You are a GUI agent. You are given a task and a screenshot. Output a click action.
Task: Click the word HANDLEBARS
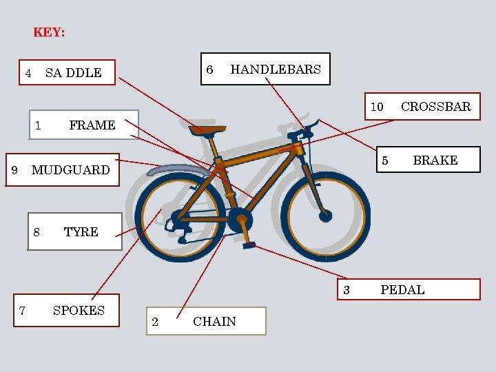[275, 69]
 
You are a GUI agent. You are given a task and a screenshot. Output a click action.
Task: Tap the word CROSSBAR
[435, 106]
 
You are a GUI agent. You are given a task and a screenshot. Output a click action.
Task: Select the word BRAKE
[435, 161]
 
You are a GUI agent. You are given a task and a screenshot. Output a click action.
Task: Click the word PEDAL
[402, 290]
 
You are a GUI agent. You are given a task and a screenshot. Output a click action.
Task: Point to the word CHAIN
[214, 322]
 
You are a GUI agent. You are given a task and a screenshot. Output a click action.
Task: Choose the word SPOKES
[79, 311]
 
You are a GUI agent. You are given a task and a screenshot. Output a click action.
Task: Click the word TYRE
[81, 232]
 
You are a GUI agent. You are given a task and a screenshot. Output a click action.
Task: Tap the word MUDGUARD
[70, 170]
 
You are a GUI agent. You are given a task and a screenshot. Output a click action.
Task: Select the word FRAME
[92, 125]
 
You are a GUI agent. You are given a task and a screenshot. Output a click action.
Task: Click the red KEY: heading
[49, 32]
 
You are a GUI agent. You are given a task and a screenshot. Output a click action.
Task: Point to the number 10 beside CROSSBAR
[377, 107]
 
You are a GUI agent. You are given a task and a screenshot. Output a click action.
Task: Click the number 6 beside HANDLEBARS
[210, 70]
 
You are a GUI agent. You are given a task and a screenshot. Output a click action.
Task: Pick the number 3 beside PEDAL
[347, 290]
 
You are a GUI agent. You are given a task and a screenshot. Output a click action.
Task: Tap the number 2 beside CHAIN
[155, 322]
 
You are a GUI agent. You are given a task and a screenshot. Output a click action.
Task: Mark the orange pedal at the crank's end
[249, 244]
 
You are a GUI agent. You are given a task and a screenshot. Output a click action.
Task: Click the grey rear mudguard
[169, 169]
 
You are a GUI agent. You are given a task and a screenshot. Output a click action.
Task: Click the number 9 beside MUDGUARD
[14, 170]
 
